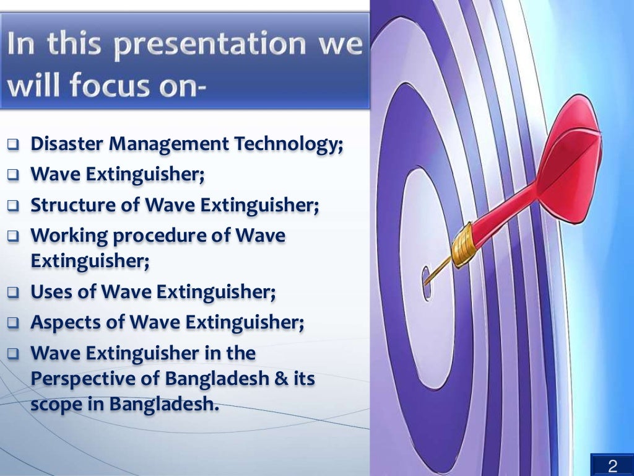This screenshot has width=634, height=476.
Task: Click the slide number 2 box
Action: click(612, 465)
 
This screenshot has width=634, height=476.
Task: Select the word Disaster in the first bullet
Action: click(69, 145)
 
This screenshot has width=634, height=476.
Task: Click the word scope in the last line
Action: click(54, 403)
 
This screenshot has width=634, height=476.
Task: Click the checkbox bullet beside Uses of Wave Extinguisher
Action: click(14, 293)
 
